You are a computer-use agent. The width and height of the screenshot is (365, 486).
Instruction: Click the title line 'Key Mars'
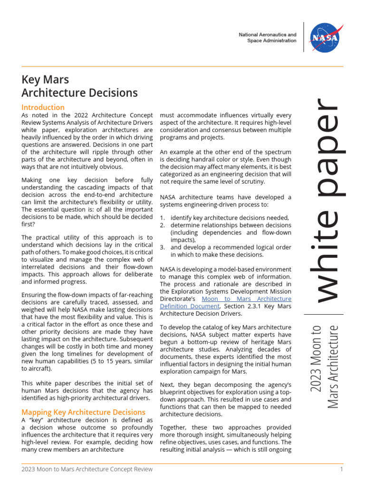pos(45,79)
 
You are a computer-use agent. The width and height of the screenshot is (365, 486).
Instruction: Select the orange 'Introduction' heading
pos(43,107)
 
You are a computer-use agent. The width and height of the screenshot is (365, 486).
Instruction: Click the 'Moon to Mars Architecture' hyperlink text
pos(247,299)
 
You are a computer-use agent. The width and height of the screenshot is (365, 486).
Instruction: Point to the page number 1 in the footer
pos(341,469)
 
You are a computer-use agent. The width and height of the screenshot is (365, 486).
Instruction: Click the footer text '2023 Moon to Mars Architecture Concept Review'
pos(87,469)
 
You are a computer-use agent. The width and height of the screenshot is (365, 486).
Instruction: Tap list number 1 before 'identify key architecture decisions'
pos(162,217)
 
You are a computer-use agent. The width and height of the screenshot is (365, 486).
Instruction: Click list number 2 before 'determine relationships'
pos(162,225)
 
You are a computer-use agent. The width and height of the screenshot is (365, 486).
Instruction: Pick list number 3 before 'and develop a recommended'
pos(162,247)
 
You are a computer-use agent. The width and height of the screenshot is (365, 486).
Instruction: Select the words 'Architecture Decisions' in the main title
pos(80,93)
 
